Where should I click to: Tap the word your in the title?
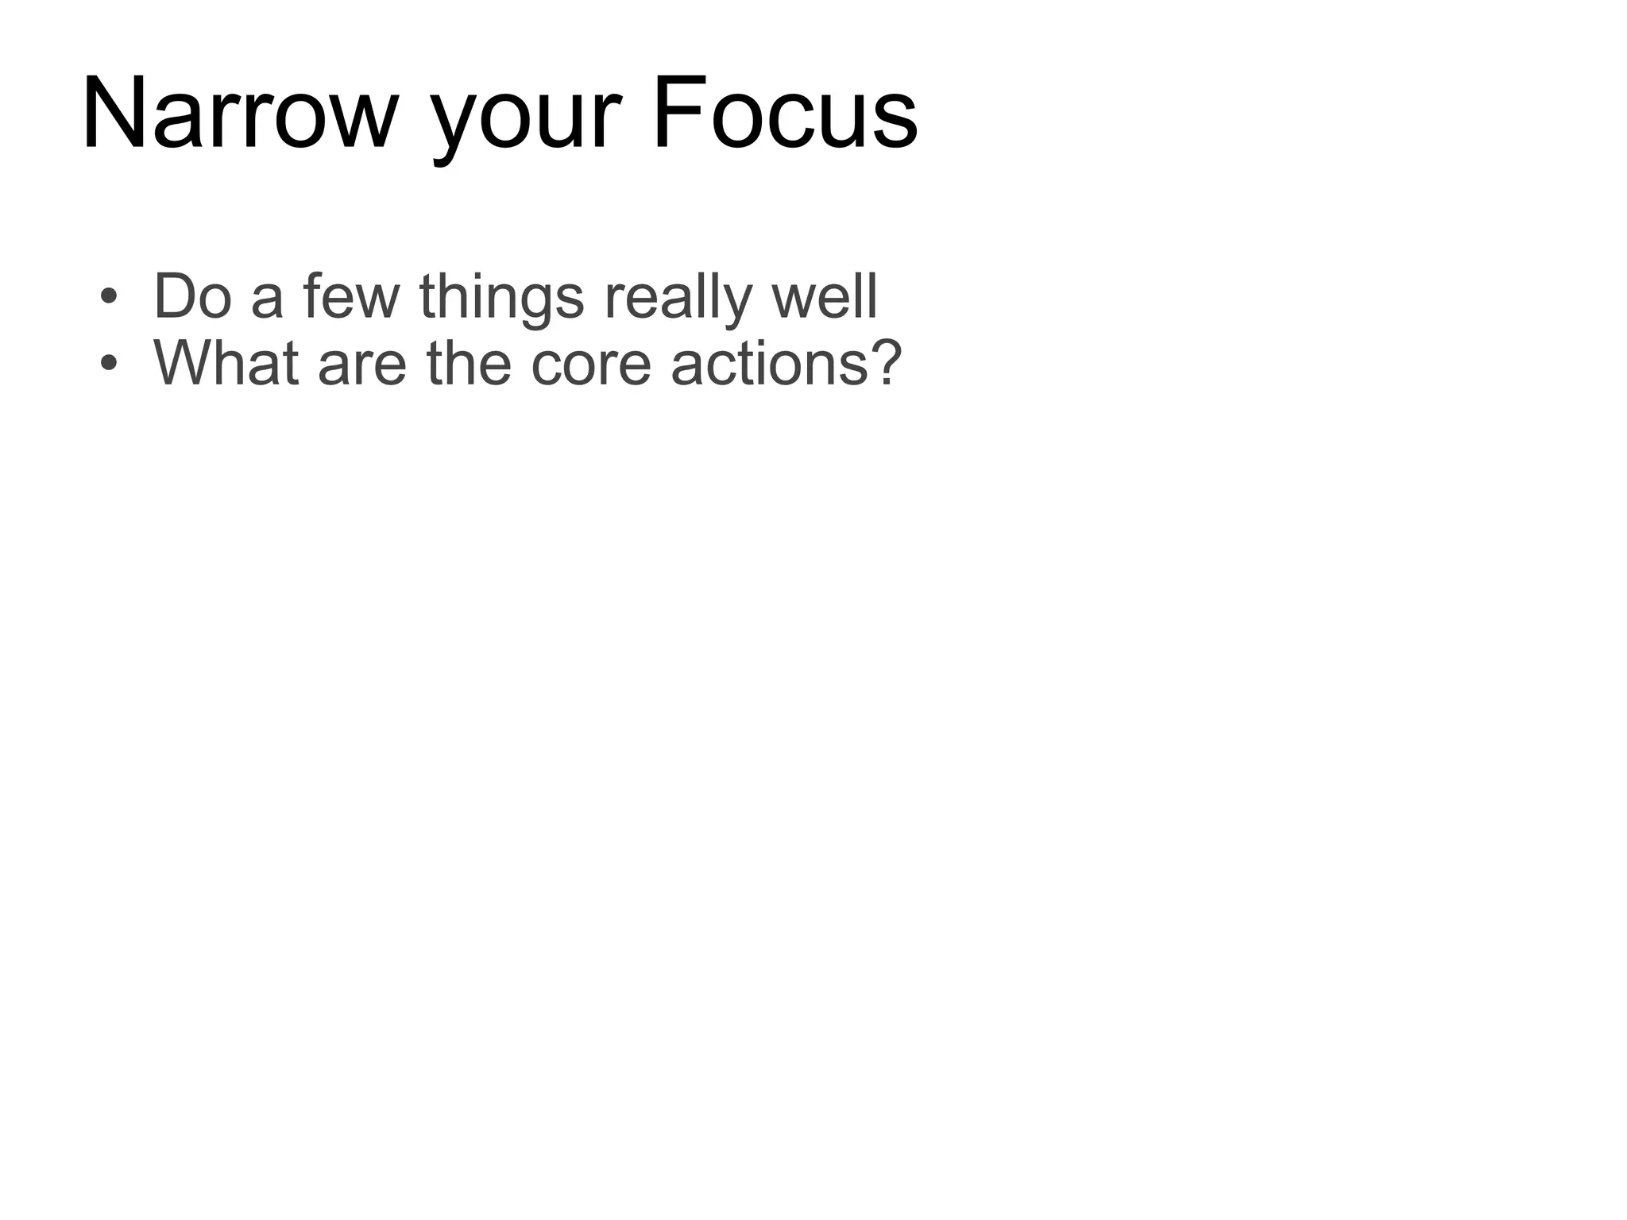pyautogui.click(x=524, y=119)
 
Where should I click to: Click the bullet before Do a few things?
pyautogui.click(x=109, y=298)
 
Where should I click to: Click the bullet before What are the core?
pyautogui.click(x=109, y=365)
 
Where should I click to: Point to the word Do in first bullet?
pyautogui.click(x=192, y=296)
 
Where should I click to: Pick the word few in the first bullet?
pyautogui.click(x=351, y=296)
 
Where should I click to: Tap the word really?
pyautogui.click(x=677, y=298)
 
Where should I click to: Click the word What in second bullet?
pyautogui.click(x=227, y=363)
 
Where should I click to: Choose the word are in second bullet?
pyautogui.click(x=362, y=367)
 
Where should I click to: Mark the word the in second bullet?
pyautogui.click(x=469, y=363)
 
